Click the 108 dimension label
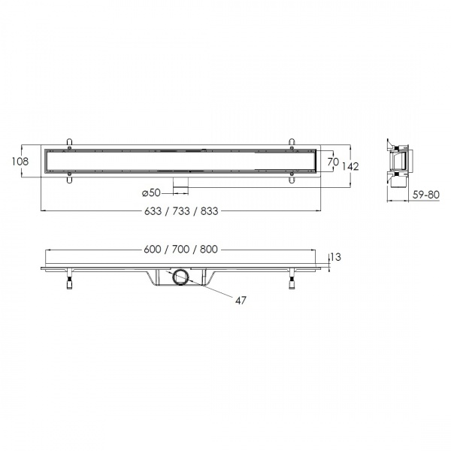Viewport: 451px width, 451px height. [20, 162]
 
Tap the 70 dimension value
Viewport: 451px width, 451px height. [333, 162]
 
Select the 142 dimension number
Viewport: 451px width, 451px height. [350, 167]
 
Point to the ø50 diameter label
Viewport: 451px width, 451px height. [151, 192]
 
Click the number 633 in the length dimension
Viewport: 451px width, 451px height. [153, 211]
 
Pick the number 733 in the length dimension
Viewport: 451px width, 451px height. [181, 211]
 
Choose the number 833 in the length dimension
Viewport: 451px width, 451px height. [209, 211]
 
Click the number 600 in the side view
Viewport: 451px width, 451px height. [153, 250]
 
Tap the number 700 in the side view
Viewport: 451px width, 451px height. [180, 250]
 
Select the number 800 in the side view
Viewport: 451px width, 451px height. [209, 250]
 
